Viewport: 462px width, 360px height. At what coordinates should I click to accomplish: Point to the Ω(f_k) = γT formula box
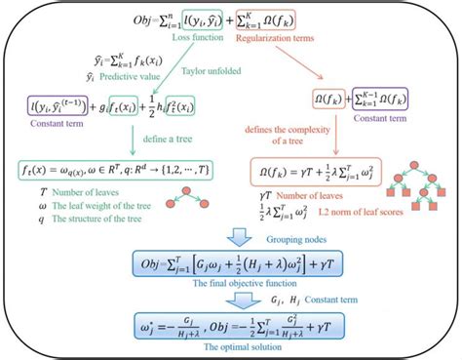point(346,170)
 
